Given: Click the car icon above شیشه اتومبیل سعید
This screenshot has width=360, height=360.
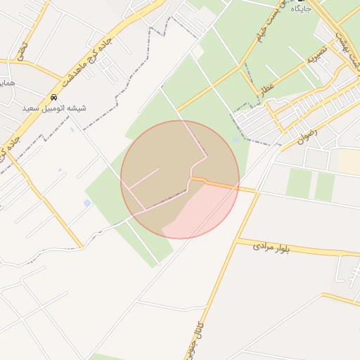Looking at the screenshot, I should [x=54, y=97].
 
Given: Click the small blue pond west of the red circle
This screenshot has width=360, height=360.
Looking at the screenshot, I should [x=87, y=203].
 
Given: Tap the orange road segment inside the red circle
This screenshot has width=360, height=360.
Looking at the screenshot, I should [x=211, y=183].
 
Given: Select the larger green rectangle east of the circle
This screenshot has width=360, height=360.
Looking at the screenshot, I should [x=298, y=182].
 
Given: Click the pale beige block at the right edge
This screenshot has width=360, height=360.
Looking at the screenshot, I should [x=349, y=162].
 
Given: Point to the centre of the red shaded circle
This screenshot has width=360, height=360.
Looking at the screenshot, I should [x=180, y=180].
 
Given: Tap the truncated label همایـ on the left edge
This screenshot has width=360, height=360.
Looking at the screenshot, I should [x=6, y=83].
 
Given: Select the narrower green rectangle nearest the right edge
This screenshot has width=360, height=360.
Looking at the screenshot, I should [x=325, y=186].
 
